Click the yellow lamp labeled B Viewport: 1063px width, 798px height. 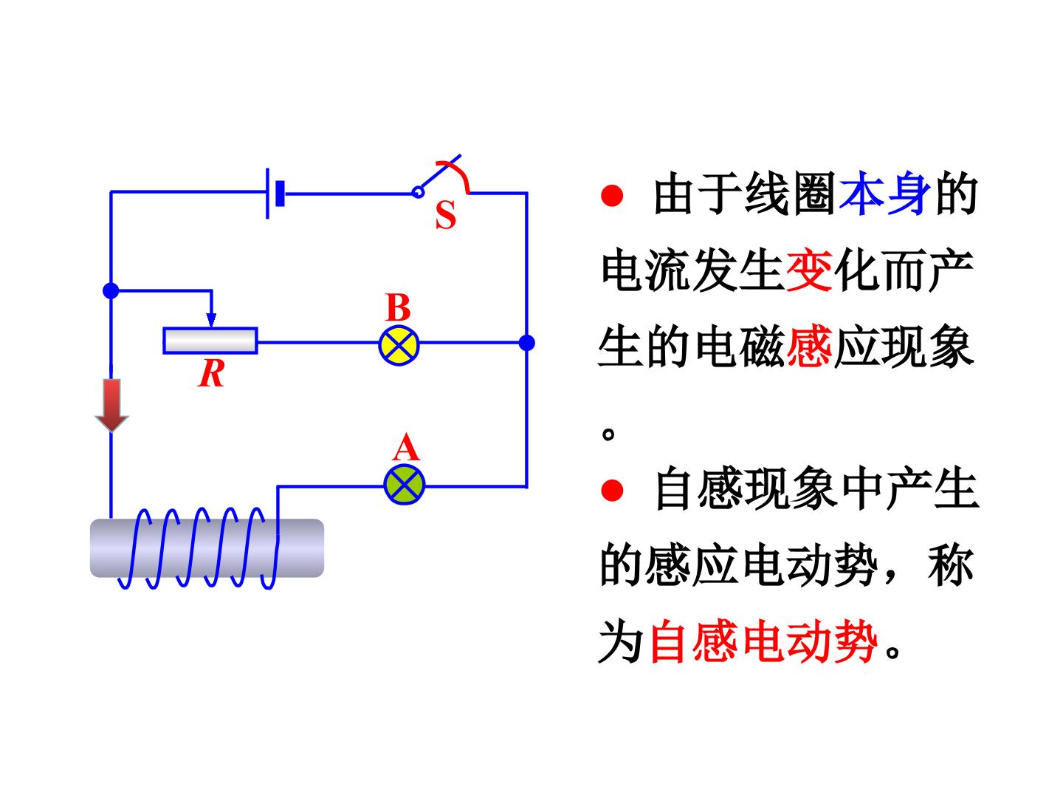point(399,346)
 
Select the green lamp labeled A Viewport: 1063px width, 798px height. point(405,485)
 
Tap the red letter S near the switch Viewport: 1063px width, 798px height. point(446,214)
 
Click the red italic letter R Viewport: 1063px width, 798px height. point(211,374)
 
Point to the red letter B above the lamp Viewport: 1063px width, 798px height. point(398,307)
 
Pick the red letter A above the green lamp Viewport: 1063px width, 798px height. point(406,447)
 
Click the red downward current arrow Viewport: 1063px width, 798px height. point(112,405)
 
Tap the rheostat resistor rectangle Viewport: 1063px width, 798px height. point(210,340)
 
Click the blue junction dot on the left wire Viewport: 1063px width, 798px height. point(111,290)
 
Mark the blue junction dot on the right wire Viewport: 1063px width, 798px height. point(527,343)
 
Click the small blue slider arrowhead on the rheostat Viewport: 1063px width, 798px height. point(211,320)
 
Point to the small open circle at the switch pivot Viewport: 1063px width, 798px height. point(418,192)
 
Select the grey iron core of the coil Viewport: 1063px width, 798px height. point(207,548)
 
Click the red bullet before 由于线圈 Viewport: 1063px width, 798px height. point(612,195)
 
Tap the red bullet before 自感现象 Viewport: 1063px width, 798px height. point(612,490)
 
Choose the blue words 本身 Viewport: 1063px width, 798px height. point(884,194)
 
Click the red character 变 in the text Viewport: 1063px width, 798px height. point(809,270)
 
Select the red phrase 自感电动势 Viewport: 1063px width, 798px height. point(763,641)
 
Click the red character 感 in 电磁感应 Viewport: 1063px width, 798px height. point(809,347)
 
